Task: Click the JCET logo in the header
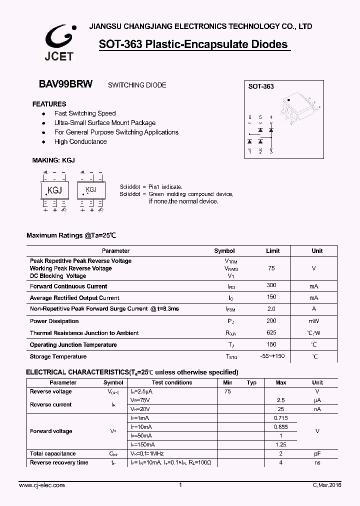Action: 59,42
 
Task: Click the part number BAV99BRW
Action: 65,84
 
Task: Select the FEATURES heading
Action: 49,104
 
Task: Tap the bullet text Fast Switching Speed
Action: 85,113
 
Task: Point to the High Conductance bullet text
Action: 80,142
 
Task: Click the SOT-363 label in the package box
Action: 261,86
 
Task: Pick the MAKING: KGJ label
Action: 53,160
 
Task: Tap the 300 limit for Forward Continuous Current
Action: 271,285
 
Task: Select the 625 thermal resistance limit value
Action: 271,332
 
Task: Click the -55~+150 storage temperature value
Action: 272,356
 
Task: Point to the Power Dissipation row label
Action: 54,321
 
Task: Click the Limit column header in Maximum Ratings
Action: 272,251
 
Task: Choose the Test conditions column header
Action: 172,382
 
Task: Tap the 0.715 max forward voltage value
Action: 281,418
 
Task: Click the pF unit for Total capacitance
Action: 317,453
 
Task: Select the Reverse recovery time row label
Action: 59,462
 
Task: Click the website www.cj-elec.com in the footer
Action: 42,485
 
